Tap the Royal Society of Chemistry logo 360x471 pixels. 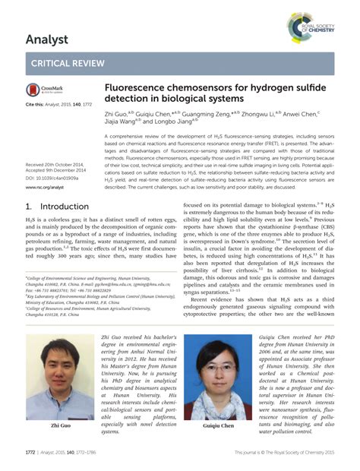point(311,27)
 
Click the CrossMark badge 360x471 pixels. point(43,89)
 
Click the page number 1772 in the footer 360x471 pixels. point(31,454)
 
